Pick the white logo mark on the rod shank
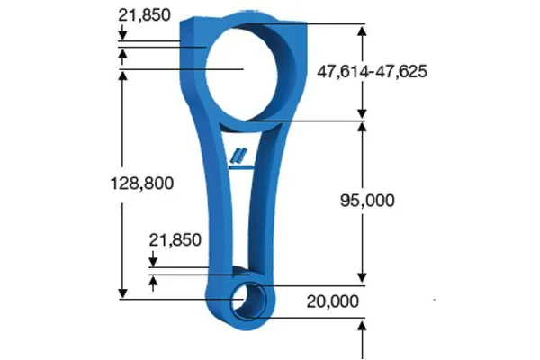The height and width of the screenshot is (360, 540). click(240, 155)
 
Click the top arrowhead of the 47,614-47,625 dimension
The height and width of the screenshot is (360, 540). click(362, 29)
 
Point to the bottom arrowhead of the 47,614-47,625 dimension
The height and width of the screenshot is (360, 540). click(362, 113)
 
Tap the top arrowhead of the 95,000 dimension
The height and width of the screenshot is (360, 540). click(362, 126)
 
